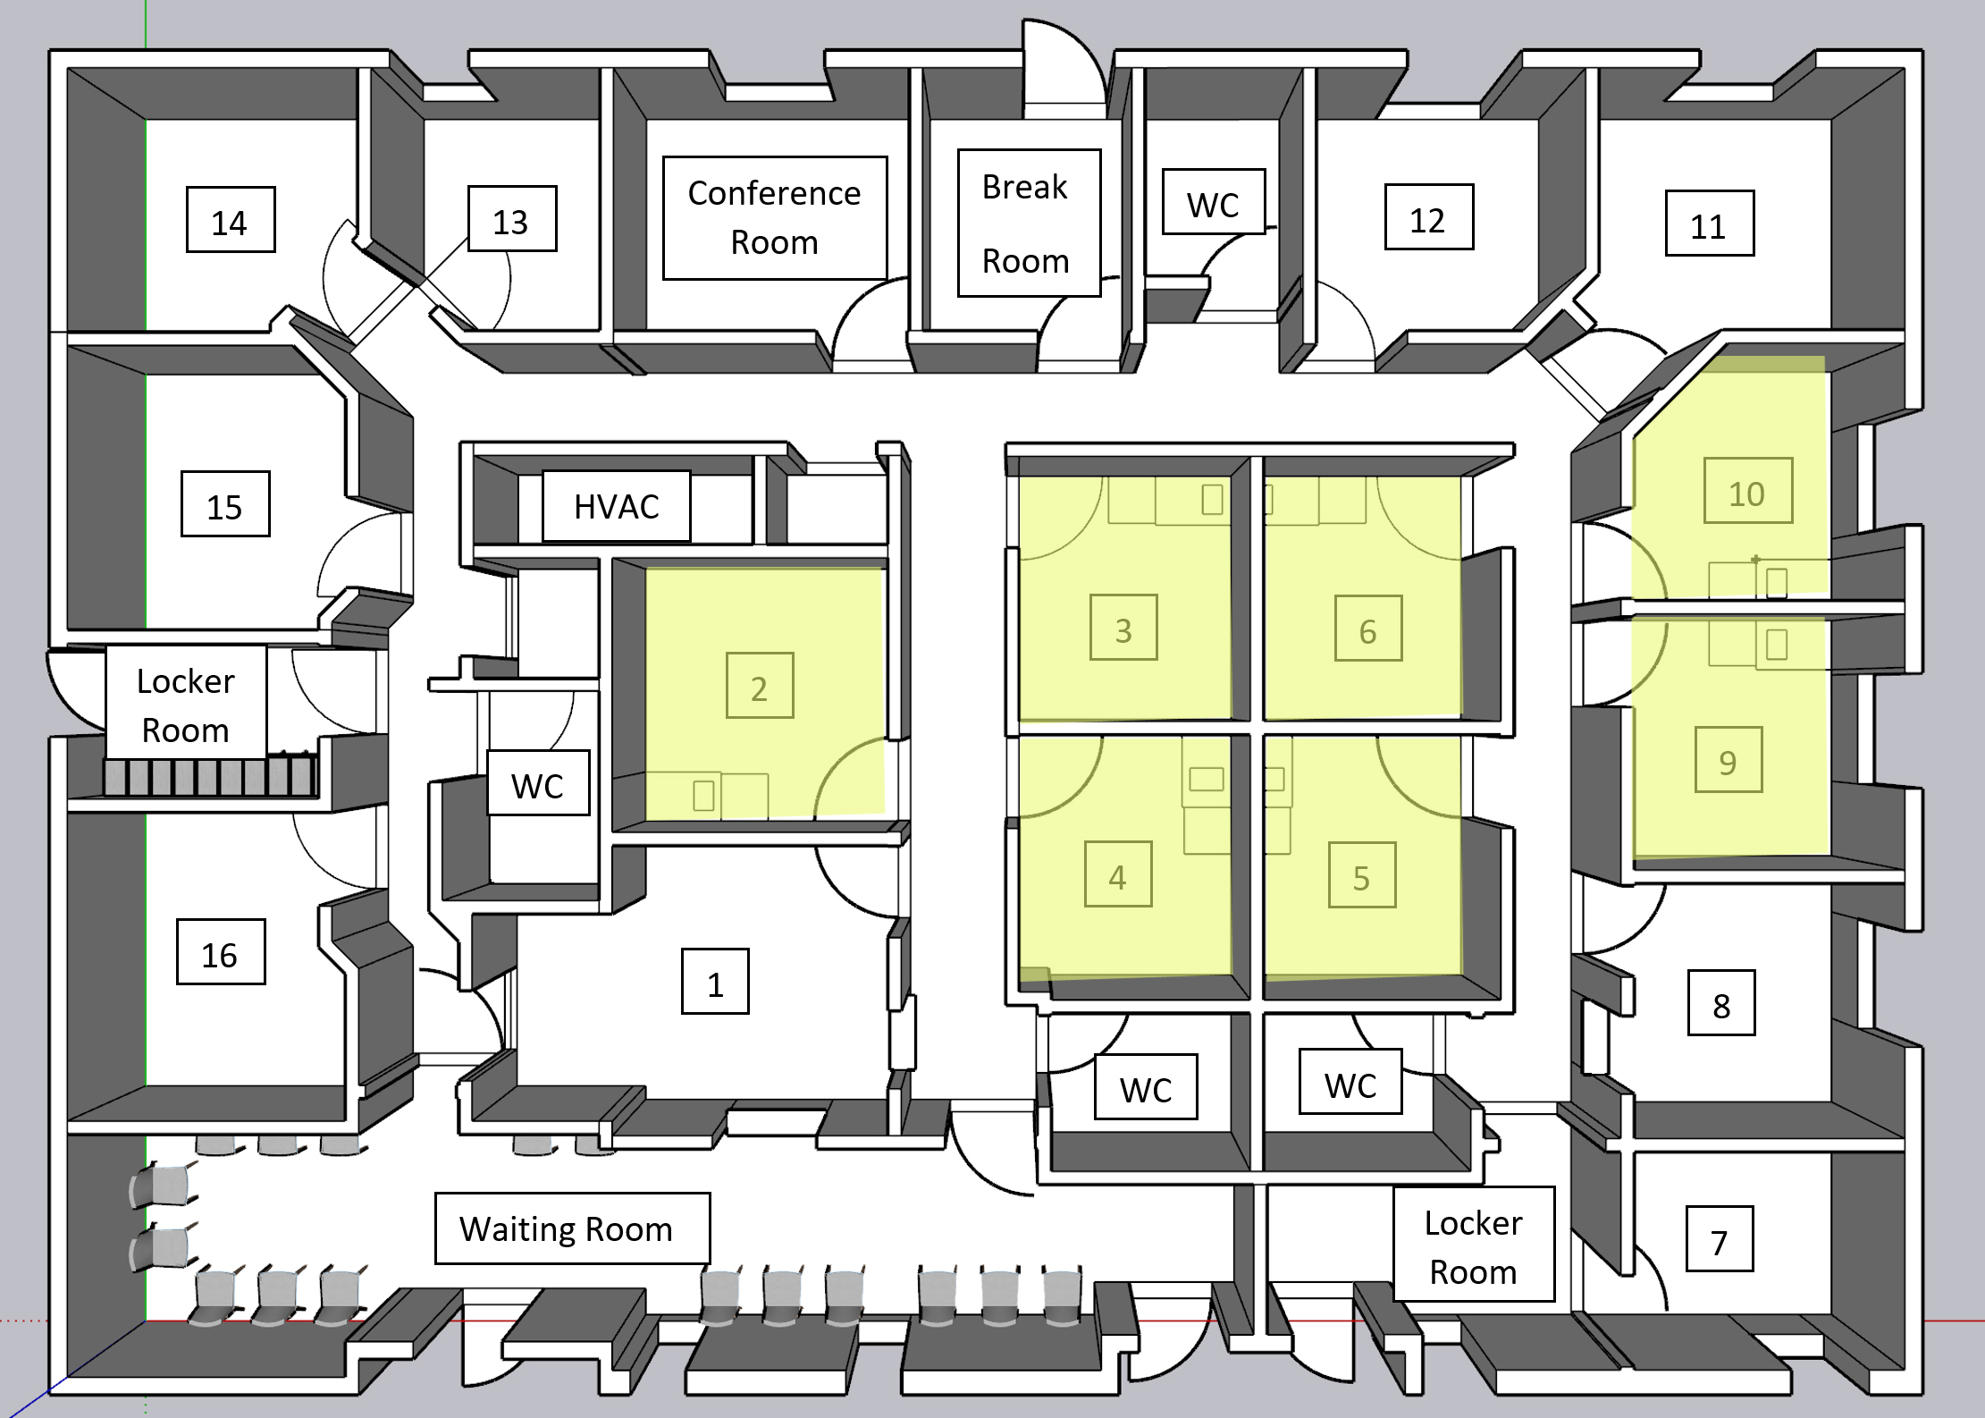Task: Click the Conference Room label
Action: pyautogui.click(x=775, y=218)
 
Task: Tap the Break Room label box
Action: pyautogui.click(x=1029, y=223)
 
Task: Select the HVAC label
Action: pyautogui.click(x=617, y=506)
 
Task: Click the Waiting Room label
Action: pyautogui.click(x=572, y=1228)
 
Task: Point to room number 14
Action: pyautogui.click(x=231, y=220)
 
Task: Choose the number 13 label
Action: pyautogui.click(x=512, y=219)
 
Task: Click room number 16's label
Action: pyautogui.click(x=221, y=952)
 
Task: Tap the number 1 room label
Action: pyautogui.click(x=715, y=982)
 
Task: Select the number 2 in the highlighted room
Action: pyautogui.click(x=760, y=686)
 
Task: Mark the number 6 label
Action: pyautogui.click(x=1368, y=629)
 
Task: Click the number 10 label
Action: pyautogui.click(x=1748, y=491)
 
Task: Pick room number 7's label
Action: pyautogui.click(x=1720, y=1239)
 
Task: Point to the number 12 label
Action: pyautogui.click(x=1429, y=217)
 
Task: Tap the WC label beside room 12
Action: pyautogui.click(x=1214, y=202)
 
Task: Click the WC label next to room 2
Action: pyautogui.click(x=538, y=783)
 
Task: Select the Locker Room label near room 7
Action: pyautogui.click(x=1475, y=1245)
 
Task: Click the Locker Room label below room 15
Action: pyautogui.click(x=187, y=703)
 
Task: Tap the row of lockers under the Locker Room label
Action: pyautogui.click(x=210, y=776)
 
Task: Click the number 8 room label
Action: pyautogui.click(x=1721, y=1003)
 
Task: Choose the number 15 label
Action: pyautogui.click(x=225, y=504)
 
